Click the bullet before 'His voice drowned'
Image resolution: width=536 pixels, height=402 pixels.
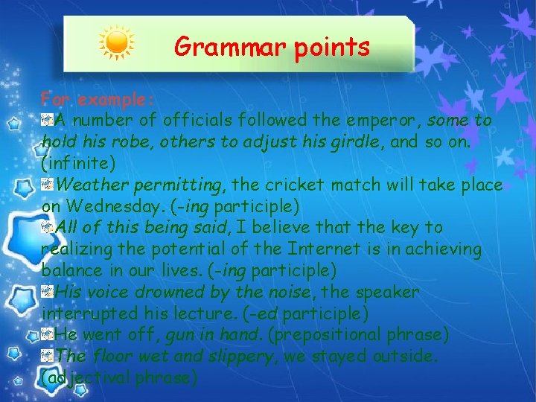point(48,291)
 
